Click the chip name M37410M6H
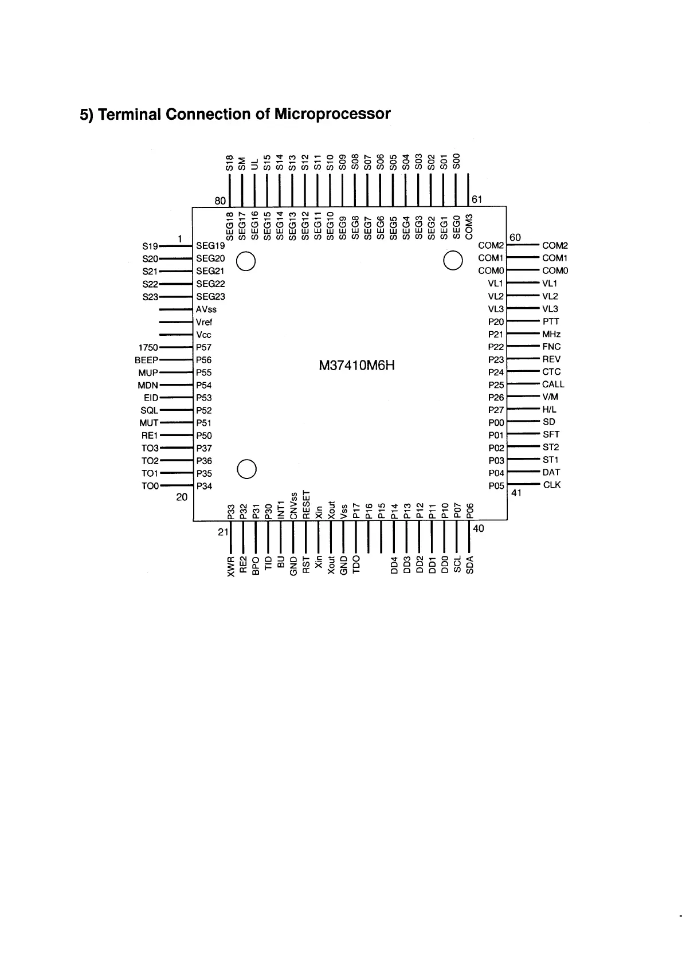[x=356, y=365]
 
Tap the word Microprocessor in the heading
[x=332, y=114]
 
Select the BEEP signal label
[x=146, y=360]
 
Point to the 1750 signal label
[x=148, y=347]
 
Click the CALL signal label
[x=553, y=385]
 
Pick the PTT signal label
[x=550, y=321]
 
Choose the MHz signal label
[x=551, y=334]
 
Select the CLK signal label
[x=552, y=485]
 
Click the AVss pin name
[x=206, y=309]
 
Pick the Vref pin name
[x=204, y=322]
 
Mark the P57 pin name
[x=203, y=347]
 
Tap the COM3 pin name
[x=469, y=227]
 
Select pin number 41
[x=516, y=493]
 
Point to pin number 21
[x=223, y=532]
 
